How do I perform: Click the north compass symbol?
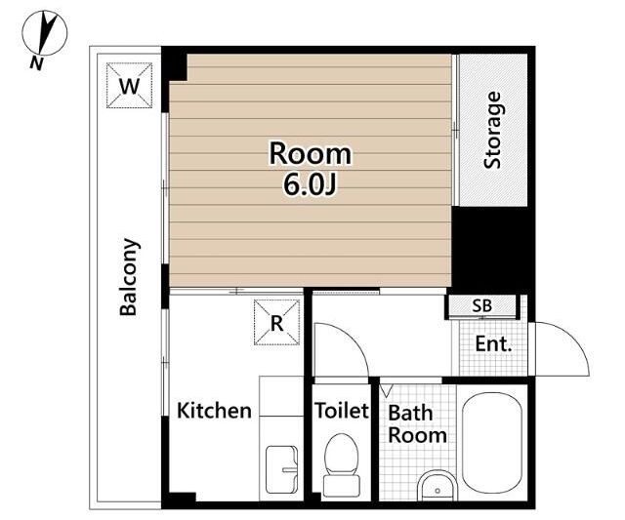[x=45, y=33]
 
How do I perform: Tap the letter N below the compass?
[x=36, y=62]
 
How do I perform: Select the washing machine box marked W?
[x=129, y=85]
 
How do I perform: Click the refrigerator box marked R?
[x=276, y=322]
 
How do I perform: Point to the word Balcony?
[x=130, y=277]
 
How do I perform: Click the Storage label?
[x=492, y=130]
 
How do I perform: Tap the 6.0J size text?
[x=311, y=184]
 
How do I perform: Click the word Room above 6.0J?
[x=311, y=154]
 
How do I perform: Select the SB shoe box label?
[x=481, y=305]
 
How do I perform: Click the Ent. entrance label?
[x=493, y=343]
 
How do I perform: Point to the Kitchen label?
[x=214, y=411]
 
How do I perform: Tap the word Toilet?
[x=342, y=411]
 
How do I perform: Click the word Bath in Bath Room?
[x=410, y=413]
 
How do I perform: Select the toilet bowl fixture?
[x=342, y=465]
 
